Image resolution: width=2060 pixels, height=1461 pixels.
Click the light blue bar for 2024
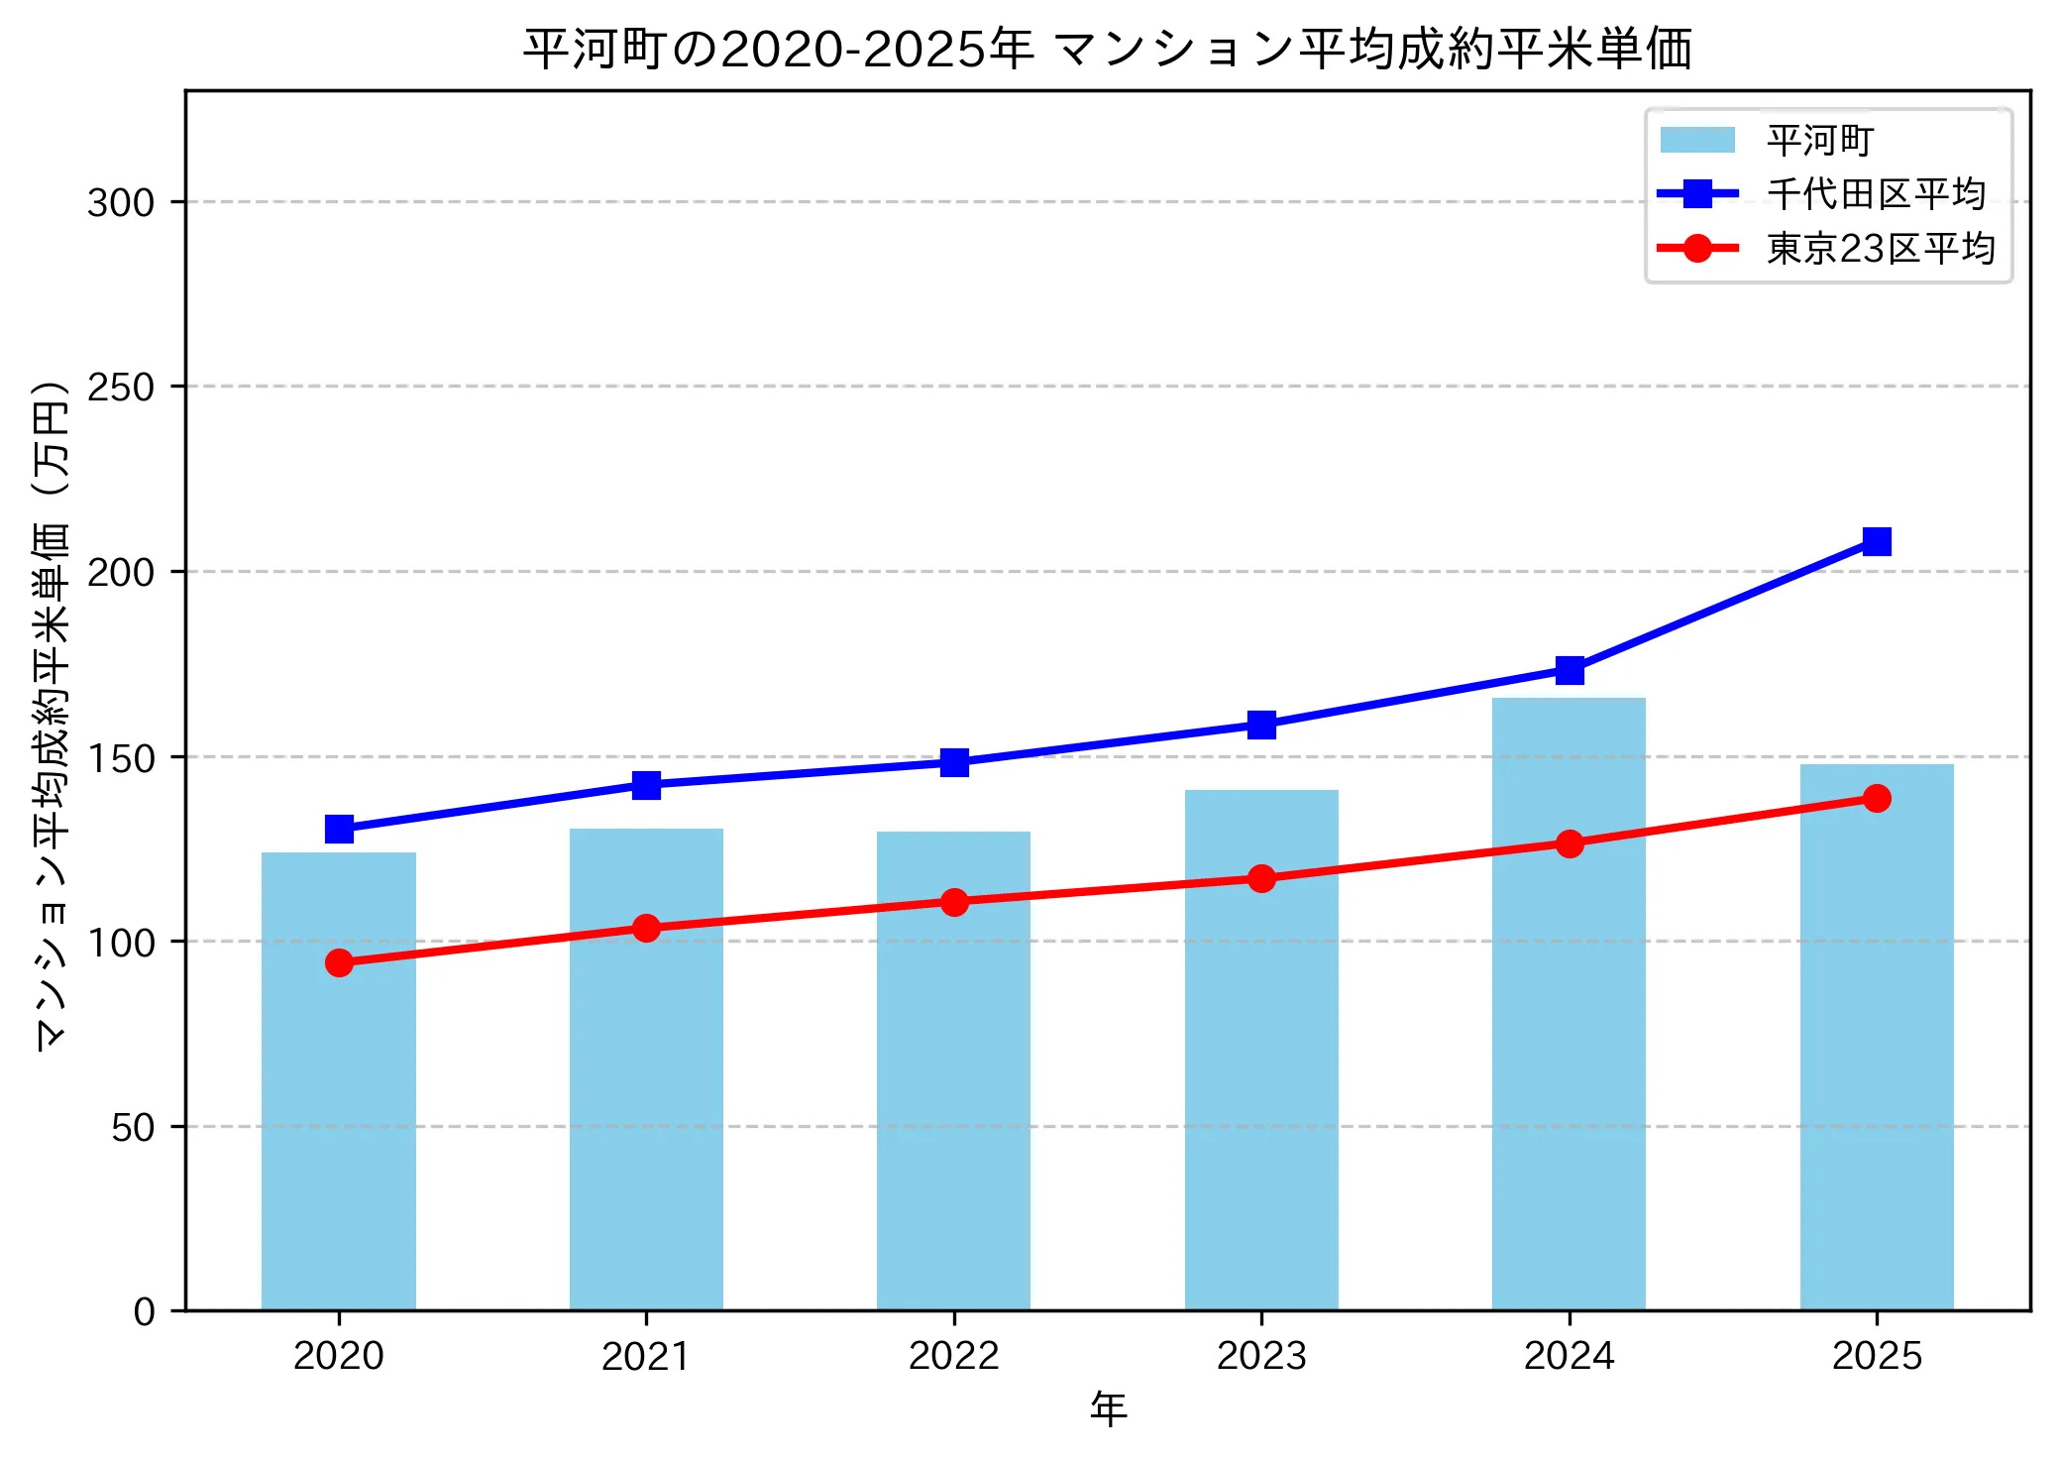(1569, 1003)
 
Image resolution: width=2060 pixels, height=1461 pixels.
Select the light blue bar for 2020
(339, 1080)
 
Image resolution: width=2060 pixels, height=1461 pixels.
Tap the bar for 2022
(953, 1070)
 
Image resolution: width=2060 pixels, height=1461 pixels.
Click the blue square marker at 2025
(1877, 541)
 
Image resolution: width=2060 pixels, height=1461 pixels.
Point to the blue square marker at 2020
(339, 829)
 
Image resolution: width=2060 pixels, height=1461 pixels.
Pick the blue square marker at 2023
(1261, 725)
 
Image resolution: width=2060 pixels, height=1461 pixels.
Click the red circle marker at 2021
(646, 928)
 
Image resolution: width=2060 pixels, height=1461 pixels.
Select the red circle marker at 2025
(1877, 798)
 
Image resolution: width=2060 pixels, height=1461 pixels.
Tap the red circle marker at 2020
(339, 962)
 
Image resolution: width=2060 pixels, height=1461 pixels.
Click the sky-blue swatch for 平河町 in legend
(1697, 140)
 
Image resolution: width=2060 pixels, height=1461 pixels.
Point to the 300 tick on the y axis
(121, 203)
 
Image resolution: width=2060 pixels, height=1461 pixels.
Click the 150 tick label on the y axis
(121, 758)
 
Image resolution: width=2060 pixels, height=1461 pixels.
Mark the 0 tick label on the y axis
(145, 1312)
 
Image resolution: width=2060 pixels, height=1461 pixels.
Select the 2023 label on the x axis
(1261, 1356)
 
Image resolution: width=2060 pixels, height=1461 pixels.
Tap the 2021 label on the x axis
(646, 1356)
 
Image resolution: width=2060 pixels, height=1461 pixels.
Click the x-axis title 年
(1108, 1408)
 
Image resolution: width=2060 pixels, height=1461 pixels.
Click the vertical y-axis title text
(52, 714)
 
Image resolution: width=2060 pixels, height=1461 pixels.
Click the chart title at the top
(1107, 49)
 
